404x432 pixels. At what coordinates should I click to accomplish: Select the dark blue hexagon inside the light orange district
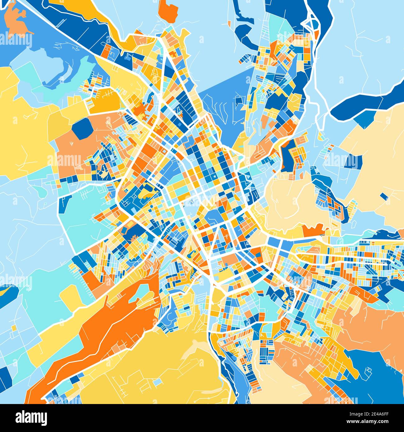click(81, 128)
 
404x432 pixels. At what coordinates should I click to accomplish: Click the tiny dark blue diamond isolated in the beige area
click(384, 196)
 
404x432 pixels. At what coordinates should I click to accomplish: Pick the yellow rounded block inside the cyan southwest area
click(71, 295)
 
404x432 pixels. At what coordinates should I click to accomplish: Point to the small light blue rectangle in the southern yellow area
click(158, 381)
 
